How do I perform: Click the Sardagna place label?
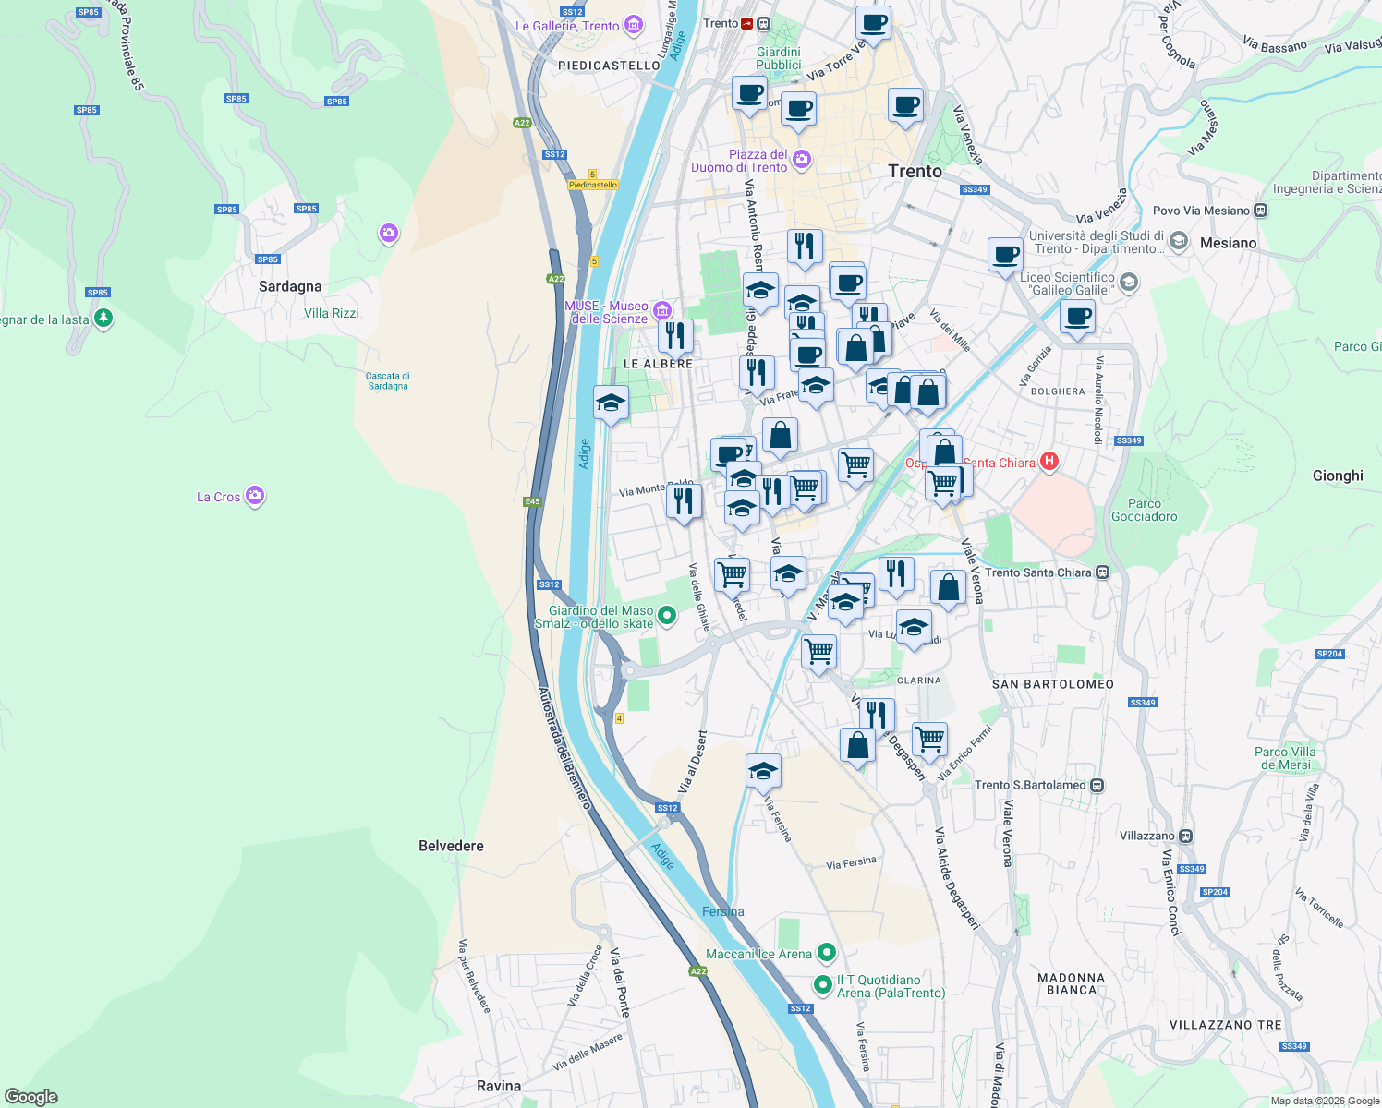coord(290,286)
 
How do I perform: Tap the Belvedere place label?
coord(451,846)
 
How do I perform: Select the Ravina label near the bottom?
coord(499,1086)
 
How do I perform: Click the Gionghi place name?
coord(1338,476)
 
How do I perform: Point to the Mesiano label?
coord(1229,243)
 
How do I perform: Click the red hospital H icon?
coord(1049,461)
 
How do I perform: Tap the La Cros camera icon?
coord(256,496)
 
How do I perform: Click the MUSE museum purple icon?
coord(661,309)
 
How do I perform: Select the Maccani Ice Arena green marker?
coord(827,952)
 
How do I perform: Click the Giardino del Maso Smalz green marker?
coord(669,616)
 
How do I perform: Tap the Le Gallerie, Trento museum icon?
coord(634,25)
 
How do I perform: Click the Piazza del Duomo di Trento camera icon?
coord(801,160)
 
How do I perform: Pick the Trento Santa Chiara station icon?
coord(1102,572)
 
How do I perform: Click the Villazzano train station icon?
coord(1185,836)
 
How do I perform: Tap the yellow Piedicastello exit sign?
coord(593,185)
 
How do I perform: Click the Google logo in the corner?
coord(31,1096)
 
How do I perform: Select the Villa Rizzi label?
coord(332,313)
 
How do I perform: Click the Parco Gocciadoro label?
coord(1145,510)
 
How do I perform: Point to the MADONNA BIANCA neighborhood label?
coord(1072,983)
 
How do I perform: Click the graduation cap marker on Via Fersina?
coord(763,771)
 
